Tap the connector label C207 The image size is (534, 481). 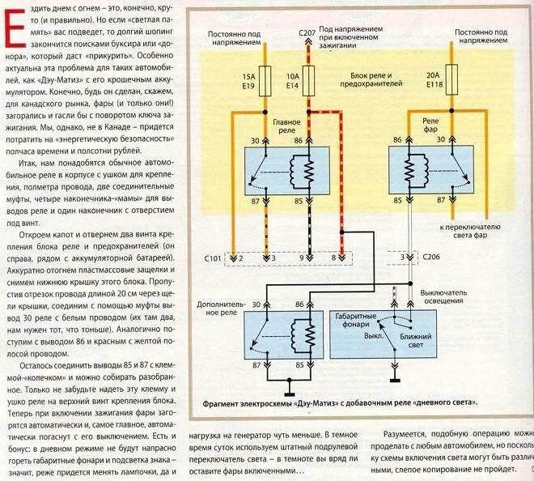click(x=307, y=32)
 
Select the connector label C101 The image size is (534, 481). click(x=212, y=258)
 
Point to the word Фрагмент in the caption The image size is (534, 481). click(x=227, y=402)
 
